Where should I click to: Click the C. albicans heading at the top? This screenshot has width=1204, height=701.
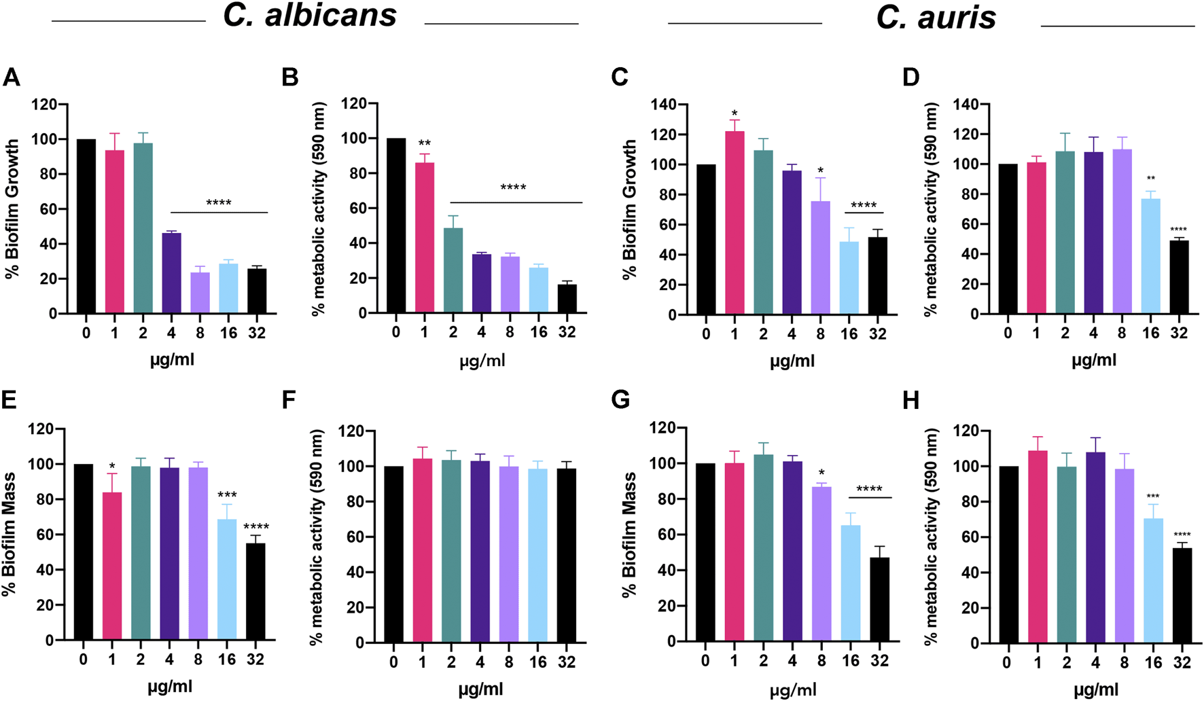tap(310, 16)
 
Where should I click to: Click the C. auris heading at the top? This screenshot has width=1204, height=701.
tap(936, 18)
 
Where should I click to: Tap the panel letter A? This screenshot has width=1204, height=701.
tap(11, 77)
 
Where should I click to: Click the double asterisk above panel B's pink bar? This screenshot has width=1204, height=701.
tap(424, 144)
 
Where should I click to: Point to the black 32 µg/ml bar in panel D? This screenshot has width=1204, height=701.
tap(1179, 277)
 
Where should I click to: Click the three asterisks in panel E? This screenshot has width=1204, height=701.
tap(227, 495)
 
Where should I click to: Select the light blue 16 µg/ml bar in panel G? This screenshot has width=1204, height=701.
tap(851, 583)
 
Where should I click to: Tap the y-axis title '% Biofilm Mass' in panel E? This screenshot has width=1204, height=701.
tap(10, 534)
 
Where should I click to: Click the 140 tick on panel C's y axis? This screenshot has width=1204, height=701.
tap(663, 105)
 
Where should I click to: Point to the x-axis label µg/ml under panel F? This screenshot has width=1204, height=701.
tap(480, 689)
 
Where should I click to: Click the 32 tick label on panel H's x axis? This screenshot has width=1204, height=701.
tap(1182, 662)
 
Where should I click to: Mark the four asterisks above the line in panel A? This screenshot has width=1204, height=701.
tap(218, 203)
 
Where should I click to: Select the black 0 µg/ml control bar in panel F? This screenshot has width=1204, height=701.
tap(393, 554)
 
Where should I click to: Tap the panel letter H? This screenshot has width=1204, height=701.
tap(910, 401)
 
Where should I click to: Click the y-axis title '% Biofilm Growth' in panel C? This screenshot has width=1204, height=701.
tap(629, 209)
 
